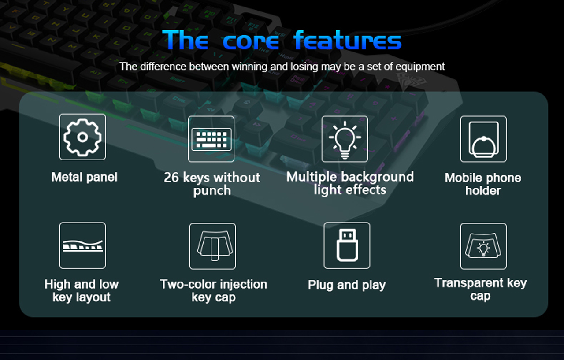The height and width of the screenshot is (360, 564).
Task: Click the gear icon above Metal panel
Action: coord(82,137)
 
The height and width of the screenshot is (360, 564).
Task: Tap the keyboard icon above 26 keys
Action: coord(211,139)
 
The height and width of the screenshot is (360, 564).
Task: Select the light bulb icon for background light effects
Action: coord(345,139)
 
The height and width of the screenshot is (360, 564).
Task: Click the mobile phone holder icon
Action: coord(483,139)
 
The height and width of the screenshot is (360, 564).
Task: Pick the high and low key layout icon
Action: coord(82,245)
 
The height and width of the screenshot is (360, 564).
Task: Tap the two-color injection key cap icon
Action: coord(212,246)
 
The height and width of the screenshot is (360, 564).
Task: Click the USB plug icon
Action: coord(347,245)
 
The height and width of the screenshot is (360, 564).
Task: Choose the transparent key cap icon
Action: coord(483,246)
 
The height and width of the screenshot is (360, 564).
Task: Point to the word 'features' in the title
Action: coord(348,41)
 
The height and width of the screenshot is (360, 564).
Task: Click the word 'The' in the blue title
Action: coord(185,41)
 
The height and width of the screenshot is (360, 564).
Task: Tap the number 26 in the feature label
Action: coord(171,178)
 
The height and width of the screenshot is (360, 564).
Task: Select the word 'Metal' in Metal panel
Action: coord(67,177)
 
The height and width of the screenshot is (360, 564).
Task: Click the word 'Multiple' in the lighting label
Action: coord(311,177)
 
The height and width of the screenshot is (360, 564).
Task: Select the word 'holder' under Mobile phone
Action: coord(483,191)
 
